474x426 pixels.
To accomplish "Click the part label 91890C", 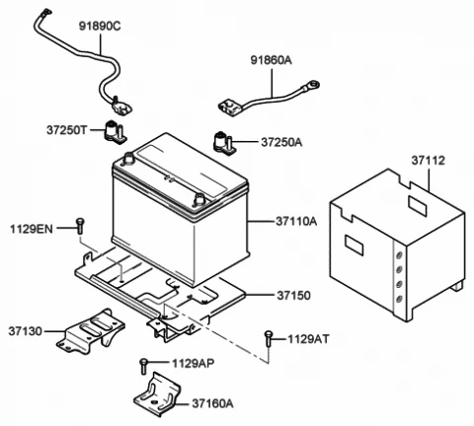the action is coord(100,27).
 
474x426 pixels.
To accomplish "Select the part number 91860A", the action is coord(272,60).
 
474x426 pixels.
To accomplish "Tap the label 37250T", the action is coord(67,130).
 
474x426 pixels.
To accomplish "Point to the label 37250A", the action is coord(281,142).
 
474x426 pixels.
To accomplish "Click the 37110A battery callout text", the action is coord(296,222).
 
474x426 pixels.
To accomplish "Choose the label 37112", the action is coord(428,161).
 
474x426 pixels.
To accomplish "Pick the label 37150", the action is coord(293,296).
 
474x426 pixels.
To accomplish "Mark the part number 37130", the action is coord(26,331).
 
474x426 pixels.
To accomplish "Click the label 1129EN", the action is coord(32,229).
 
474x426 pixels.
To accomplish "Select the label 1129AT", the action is coord(308,339).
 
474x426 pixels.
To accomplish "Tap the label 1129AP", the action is coord(194,363).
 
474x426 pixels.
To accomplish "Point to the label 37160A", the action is coord(212,403).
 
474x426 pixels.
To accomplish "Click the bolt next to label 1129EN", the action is coord(80,226).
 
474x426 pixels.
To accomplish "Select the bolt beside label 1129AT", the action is coord(269,338).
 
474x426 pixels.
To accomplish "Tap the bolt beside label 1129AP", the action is coord(143,366).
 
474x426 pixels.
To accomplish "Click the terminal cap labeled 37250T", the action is coord(115,132).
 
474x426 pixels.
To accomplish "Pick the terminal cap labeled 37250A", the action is coord(224,142).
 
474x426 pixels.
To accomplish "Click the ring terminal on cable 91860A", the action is coord(312,85).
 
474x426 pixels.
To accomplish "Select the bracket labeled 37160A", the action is coord(157,394).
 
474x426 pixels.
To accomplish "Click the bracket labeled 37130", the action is coord(91,331).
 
